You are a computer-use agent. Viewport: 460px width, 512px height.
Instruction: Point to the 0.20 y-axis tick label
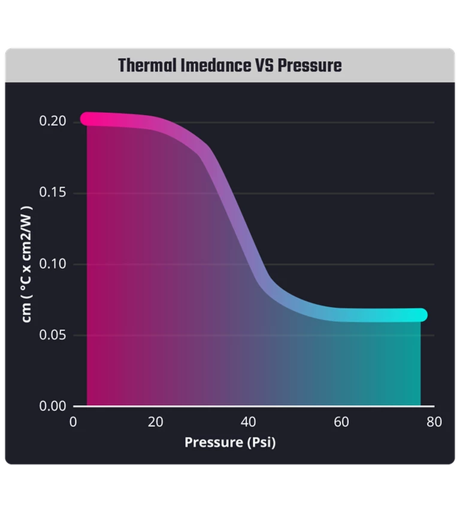pyautogui.click(x=52, y=122)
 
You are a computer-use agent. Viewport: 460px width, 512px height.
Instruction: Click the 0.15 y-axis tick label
pyautogui.click(x=52, y=193)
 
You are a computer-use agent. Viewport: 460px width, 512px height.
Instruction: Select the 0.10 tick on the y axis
pyautogui.click(x=52, y=264)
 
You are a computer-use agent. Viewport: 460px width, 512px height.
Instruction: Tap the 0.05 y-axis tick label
pyautogui.click(x=52, y=335)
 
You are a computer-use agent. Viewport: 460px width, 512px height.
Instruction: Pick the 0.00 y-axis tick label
pyautogui.click(x=52, y=406)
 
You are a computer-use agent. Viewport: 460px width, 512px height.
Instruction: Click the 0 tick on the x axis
pyautogui.click(x=74, y=422)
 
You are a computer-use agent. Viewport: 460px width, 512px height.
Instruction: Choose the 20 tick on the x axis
pyautogui.click(x=155, y=422)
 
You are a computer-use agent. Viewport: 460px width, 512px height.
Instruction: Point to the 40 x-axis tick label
pyautogui.click(x=249, y=422)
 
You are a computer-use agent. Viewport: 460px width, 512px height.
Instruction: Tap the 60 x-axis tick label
pyautogui.click(x=341, y=422)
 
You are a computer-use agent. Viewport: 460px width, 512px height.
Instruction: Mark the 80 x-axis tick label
pyautogui.click(x=434, y=422)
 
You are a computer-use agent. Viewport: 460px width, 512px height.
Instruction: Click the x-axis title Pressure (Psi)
pyautogui.click(x=230, y=442)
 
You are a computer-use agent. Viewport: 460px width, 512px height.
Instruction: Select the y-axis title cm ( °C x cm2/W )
pyautogui.click(x=27, y=264)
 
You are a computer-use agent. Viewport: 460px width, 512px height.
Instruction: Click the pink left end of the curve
pyautogui.click(x=87, y=119)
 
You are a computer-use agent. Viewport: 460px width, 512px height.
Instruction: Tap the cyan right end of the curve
pyautogui.click(x=420, y=315)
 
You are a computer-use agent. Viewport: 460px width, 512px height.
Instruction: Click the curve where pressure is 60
pyautogui.click(x=341, y=314)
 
